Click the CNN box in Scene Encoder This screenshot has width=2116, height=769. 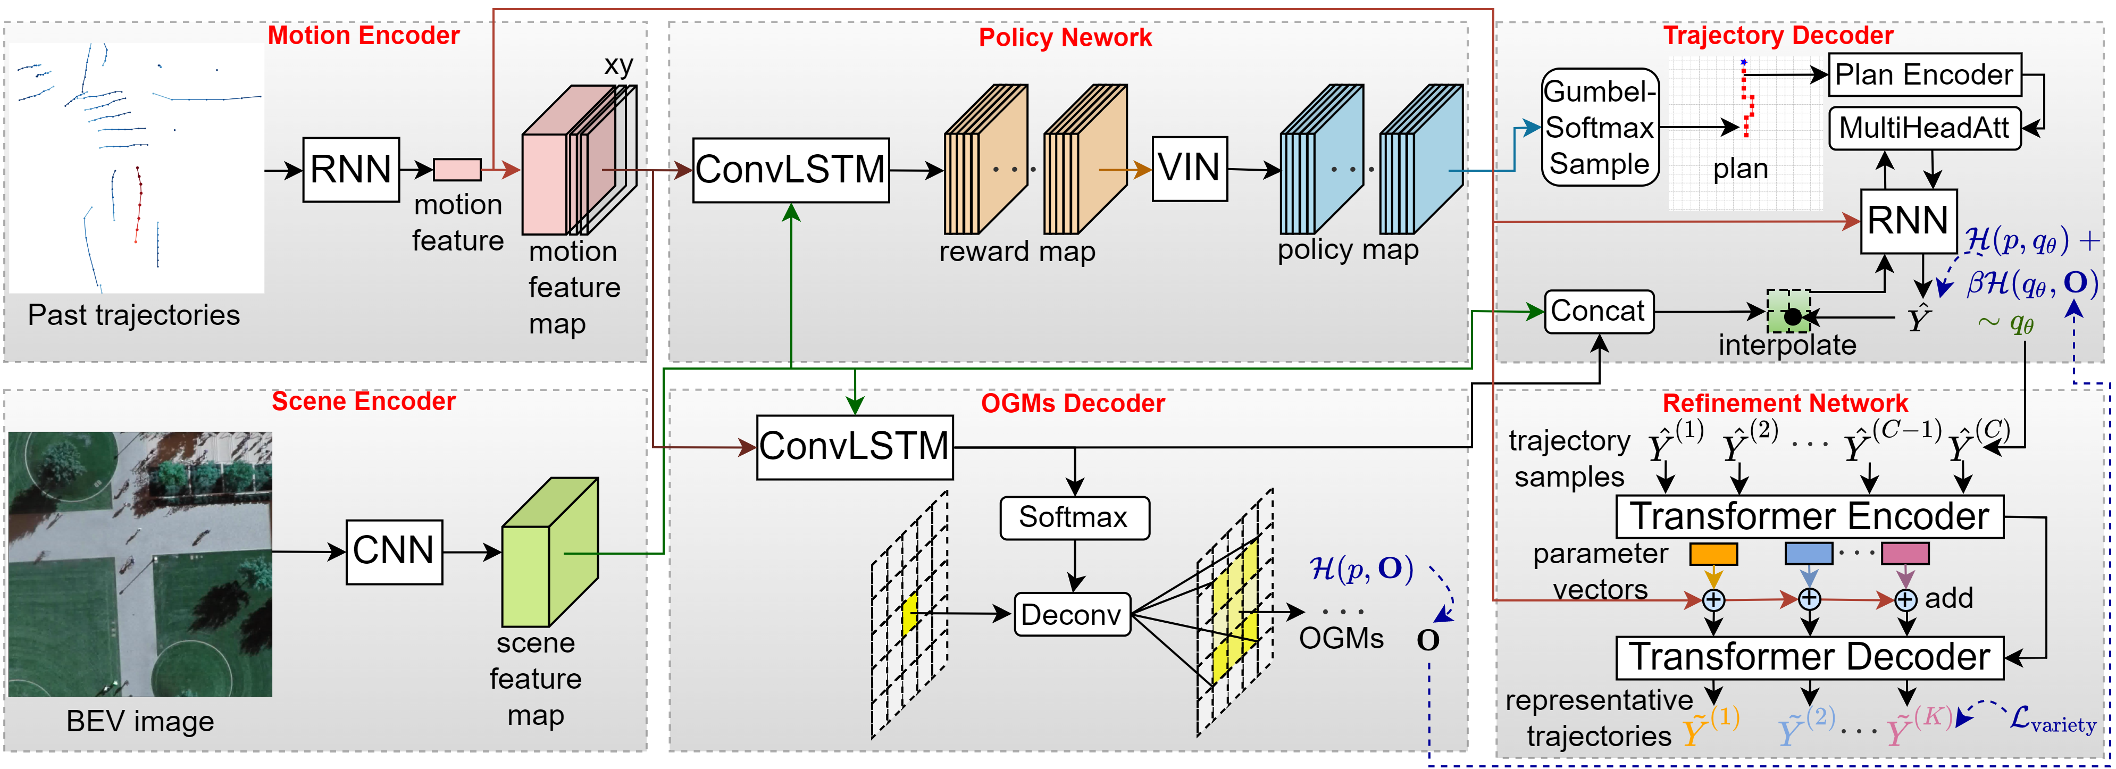point(394,551)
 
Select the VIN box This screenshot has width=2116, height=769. point(1190,169)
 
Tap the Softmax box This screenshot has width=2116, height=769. point(1074,517)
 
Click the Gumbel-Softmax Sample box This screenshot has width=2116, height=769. point(1599,127)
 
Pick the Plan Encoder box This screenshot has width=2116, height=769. point(1924,75)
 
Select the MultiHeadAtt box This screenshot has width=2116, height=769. point(1924,128)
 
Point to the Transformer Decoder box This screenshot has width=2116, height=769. point(1809,657)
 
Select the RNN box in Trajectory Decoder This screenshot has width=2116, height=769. point(1908,221)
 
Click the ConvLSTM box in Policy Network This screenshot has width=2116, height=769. point(790,170)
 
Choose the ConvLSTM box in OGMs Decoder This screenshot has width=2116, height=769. point(854,447)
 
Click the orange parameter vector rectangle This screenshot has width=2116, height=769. point(1713,554)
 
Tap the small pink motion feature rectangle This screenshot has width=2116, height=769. point(457,170)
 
